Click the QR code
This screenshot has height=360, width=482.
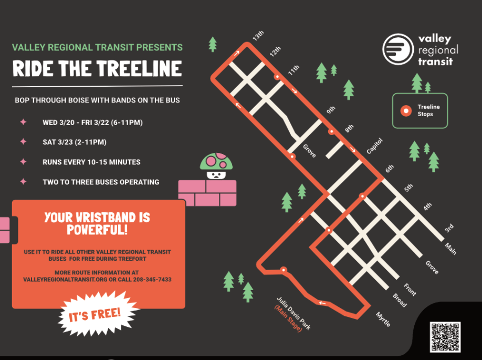pyautogui.click(x=445, y=337)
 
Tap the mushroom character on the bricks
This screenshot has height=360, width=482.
pyautogui.click(x=216, y=167)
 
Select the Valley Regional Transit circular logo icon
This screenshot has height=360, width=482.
pyautogui.click(x=398, y=49)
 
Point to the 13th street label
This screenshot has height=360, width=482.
pyautogui.click(x=258, y=37)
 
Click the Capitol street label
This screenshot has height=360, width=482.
pyautogui.click(x=374, y=147)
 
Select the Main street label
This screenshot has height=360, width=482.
pyautogui.click(x=450, y=249)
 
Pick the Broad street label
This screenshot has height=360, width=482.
pyautogui.click(x=399, y=300)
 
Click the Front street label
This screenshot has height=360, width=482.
pyautogui.click(x=410, y=289)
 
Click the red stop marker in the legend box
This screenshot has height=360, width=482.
pyautogui.click(x=405, y=111)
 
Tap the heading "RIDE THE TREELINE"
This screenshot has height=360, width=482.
pyautogui.click(x=97, y=69)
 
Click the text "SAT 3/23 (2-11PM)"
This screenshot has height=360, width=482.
pyautogui.click(x=75, y=142)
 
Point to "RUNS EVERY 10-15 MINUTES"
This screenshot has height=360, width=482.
pyautogui.click(x=91, y=162)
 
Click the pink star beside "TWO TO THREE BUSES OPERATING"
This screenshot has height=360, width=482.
pyautogui.click(x=23, y=182)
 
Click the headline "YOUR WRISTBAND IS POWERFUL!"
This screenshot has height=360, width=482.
pyautogui.click(x=97, y=223)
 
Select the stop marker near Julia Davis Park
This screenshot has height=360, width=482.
pyautogui.click(x=284, y=270)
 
